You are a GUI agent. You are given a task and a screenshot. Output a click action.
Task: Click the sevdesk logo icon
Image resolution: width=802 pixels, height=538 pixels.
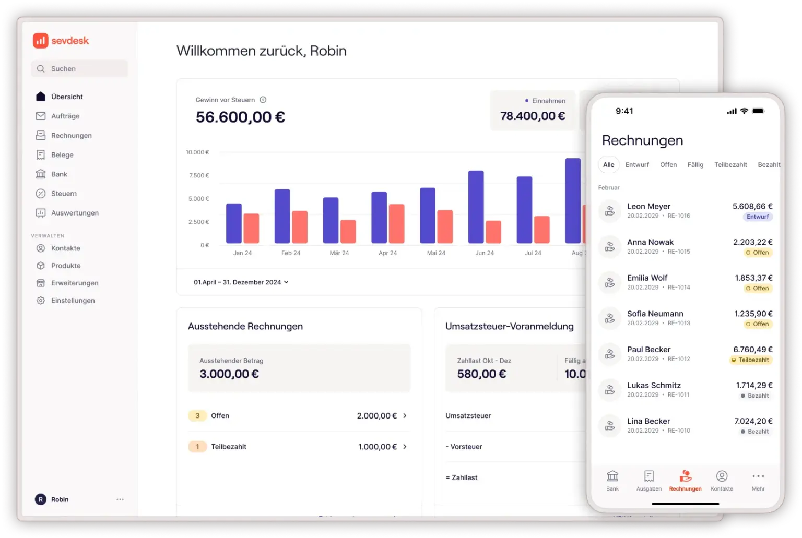(40, 41)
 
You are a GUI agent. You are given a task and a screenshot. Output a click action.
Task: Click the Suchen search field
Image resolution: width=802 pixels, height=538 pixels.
(79, 69)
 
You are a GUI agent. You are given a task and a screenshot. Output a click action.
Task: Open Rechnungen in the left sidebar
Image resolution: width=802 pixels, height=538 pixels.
(71, 136)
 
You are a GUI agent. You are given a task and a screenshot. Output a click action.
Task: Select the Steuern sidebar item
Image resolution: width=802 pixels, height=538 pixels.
(64, 194)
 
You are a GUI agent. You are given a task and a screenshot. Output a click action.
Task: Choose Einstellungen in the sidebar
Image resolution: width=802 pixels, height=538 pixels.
(73, 301)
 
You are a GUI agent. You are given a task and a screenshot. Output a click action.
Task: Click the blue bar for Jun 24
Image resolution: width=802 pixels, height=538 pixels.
(476, 207)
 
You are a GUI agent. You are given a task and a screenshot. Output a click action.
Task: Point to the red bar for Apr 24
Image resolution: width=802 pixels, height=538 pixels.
(396, 223)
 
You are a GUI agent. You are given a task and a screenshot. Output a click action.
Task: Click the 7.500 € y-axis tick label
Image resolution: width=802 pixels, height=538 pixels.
(199, 175)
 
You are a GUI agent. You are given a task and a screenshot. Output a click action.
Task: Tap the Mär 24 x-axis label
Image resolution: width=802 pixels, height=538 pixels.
(339, 253)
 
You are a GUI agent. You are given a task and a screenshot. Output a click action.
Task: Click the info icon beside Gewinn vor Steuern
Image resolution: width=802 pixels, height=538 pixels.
(263, 100)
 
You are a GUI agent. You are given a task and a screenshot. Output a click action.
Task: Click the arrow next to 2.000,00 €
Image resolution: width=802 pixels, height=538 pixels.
(405, 416)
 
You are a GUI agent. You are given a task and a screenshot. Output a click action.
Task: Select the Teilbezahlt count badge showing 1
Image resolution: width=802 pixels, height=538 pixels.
(197, 447)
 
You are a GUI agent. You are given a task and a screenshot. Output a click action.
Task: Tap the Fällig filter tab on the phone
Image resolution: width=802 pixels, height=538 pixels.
(695, 165)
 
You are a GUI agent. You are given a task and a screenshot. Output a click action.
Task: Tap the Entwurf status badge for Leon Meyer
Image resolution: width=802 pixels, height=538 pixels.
(758, 217)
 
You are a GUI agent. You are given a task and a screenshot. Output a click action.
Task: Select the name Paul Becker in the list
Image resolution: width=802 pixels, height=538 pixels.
(648, 350)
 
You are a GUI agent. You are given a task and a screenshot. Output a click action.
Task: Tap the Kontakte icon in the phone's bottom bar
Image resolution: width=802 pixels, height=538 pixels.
(722, 476)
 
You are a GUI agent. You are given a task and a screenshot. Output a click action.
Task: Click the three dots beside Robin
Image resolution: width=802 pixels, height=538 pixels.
(120, 499)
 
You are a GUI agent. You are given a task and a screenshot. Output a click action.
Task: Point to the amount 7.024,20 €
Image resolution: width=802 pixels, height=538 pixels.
(753, 421)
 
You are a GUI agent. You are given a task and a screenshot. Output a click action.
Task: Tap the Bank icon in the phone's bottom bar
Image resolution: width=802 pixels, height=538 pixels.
(612, 476)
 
